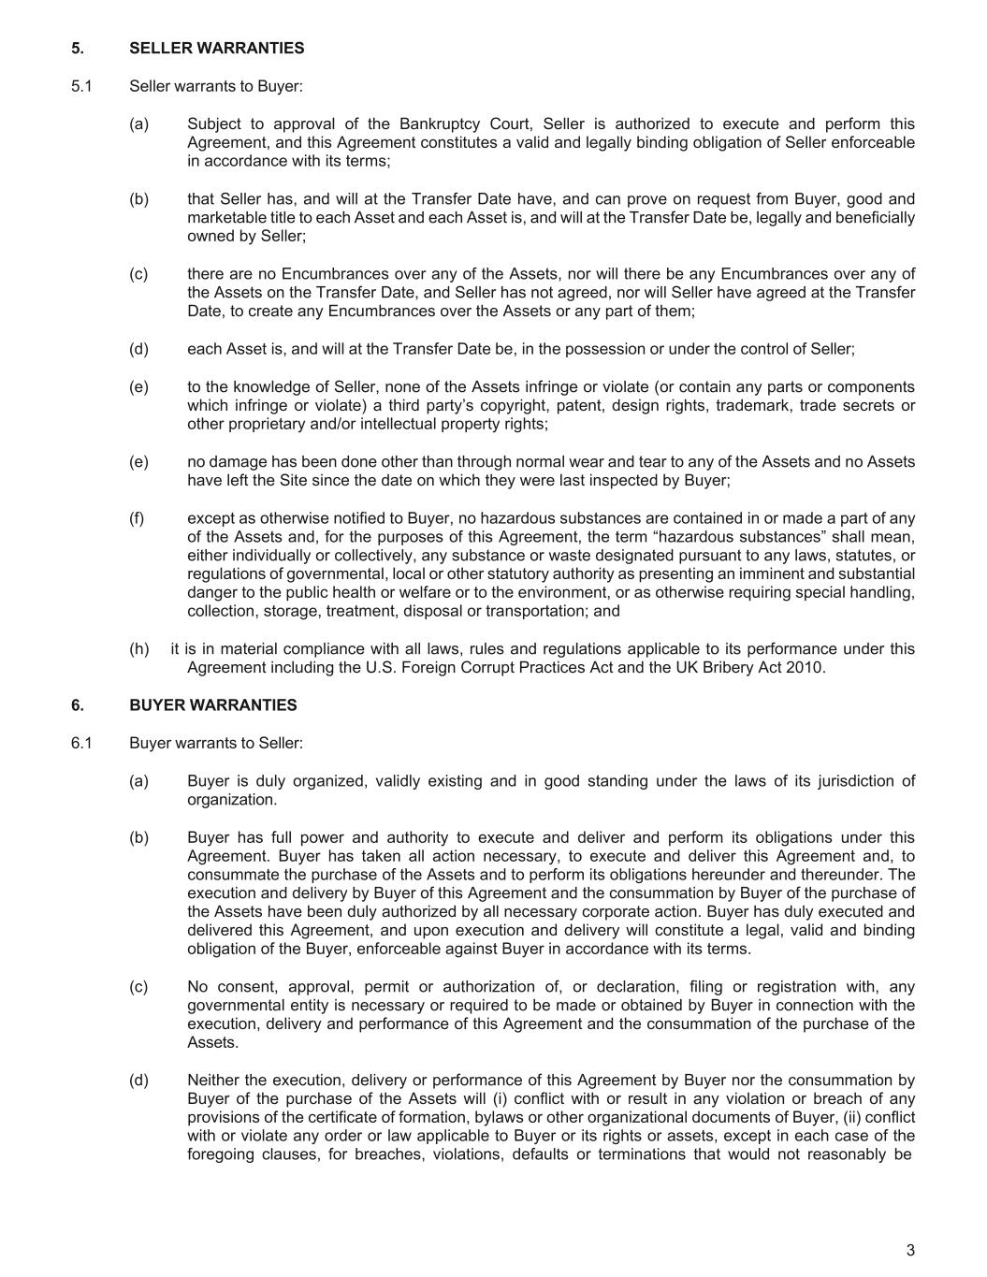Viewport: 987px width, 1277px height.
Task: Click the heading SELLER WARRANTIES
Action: click(x=216, y=48)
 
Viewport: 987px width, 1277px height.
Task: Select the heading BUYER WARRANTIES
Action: click(x=212, y=704)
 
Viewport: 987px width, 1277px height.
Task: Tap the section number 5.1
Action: click(x=81, y=86)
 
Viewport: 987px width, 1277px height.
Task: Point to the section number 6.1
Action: click(x=81, y=743)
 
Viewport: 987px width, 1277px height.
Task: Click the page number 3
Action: click(x=910, y=1250)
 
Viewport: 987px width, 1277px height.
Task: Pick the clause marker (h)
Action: click(x=139, y=648)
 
